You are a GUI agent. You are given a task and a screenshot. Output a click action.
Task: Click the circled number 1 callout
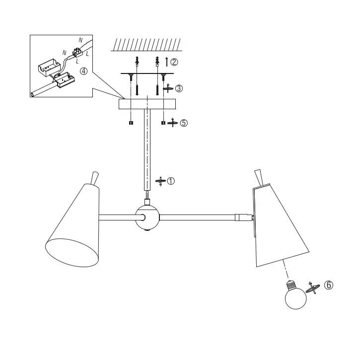tap(171, 181)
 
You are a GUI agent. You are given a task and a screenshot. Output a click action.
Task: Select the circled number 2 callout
tap(174, 62)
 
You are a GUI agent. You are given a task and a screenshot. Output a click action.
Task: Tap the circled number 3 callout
tap(179, 88)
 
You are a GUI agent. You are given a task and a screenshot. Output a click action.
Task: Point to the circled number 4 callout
tap(83, 71)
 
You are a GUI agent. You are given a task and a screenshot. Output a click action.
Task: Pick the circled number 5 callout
tap(184, 123)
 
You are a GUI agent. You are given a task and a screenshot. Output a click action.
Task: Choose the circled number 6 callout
tap(329, 285)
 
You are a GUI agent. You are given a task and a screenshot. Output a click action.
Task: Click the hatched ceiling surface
tap(146, 45)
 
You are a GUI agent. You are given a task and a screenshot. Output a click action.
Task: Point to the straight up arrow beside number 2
tap(167, 62)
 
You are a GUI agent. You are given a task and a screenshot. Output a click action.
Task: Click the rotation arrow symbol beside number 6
tap(312, 288)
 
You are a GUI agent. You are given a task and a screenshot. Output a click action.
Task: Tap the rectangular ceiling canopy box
tap(147, 104)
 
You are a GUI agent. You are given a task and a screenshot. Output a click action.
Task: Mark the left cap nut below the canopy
tap(131, 123)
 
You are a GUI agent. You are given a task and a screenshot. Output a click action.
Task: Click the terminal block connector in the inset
tap(77, 53)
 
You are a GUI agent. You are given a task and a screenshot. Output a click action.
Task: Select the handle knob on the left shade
tap(95, 178)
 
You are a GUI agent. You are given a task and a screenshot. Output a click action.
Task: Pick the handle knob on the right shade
tap(259, 177)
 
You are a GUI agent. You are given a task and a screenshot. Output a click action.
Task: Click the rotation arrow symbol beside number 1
tap(161, 181)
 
